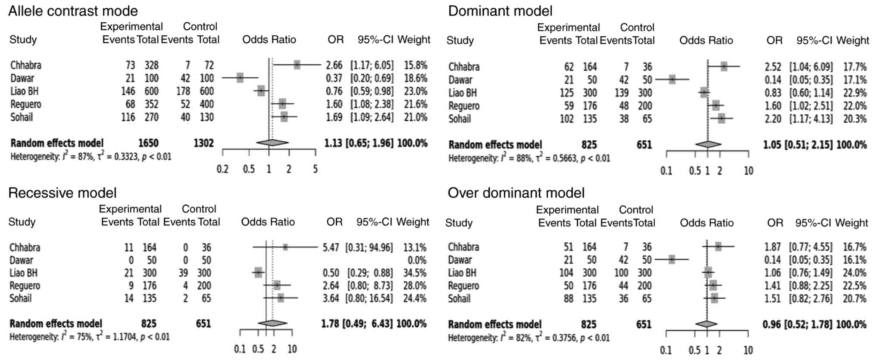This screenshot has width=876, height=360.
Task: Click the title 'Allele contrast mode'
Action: click(73, 11)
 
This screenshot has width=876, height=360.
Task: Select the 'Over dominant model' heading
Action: click(516, 193)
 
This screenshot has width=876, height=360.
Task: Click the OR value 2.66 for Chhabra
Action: click(334, 66)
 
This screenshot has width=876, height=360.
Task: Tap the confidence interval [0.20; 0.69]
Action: click(372, 78)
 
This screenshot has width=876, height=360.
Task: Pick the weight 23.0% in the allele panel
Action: click(416, 91)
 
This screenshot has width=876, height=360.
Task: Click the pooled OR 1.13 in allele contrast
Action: click(333, 143)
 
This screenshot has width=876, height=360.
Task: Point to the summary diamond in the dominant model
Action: click(708, 144)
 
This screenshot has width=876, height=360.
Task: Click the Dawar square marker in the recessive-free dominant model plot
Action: click(672, 79)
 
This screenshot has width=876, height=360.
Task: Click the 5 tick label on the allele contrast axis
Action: click(316, 169)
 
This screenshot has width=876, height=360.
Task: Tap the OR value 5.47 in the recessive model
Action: click(331, 247)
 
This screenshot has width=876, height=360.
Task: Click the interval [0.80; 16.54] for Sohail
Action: click(369, 298)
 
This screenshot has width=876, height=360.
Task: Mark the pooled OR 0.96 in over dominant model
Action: click(771, 324)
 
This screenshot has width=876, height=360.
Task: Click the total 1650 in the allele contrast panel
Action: click(148, 143)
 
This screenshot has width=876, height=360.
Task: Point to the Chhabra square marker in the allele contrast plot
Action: click(297, 65)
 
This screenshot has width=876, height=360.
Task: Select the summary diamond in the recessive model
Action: click(272, 323)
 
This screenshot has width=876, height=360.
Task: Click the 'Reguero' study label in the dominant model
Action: click(464, 106)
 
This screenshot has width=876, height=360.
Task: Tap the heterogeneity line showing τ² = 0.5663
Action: click(529, 158)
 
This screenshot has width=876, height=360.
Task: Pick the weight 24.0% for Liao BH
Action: click(854, 273)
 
